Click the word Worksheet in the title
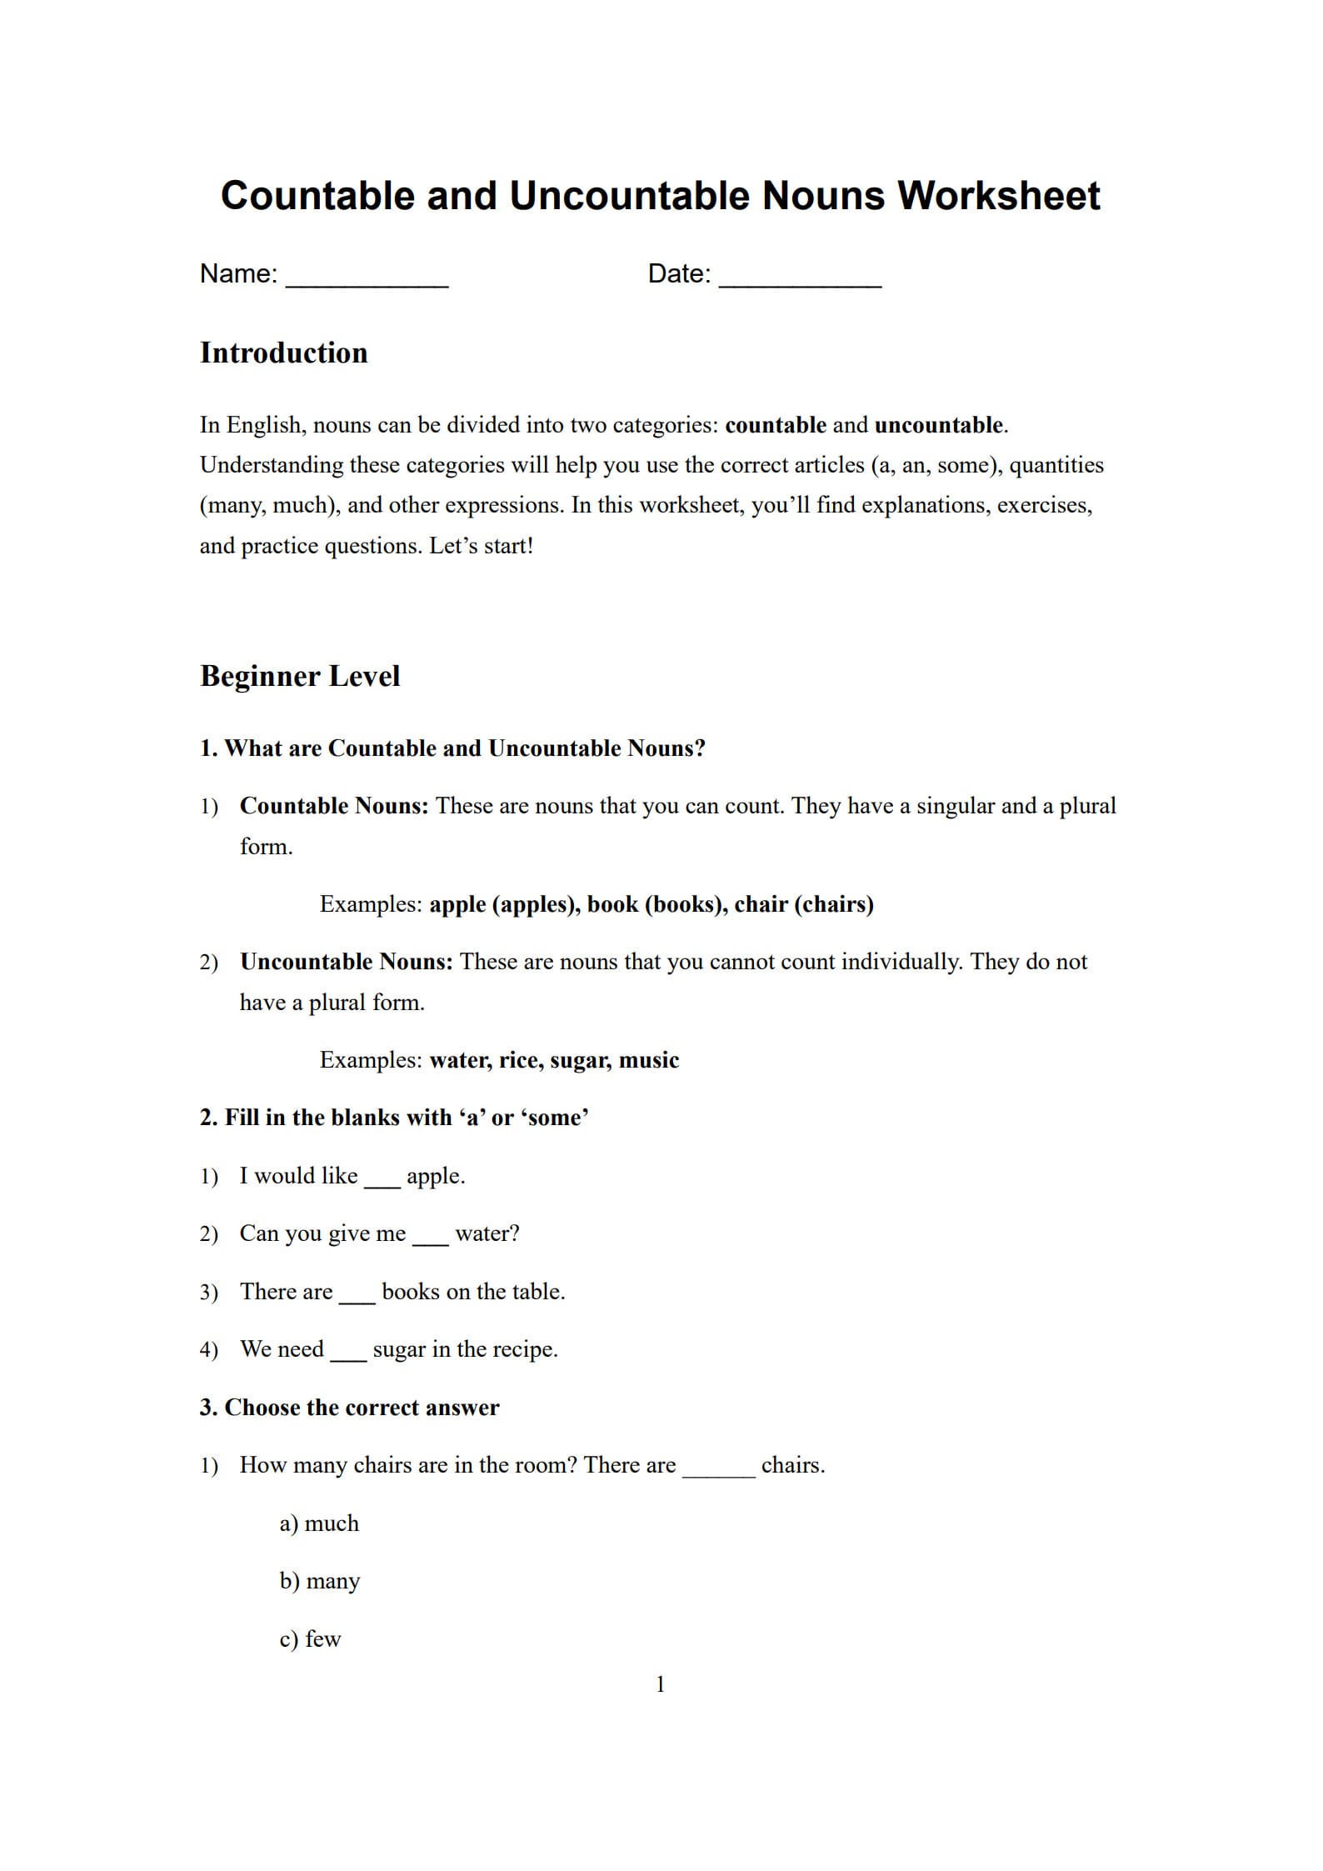click(998, 196)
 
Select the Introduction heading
click(283, 353)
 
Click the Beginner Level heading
click(300, 676)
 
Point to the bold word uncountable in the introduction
click(939, 425)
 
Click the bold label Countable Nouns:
click(334, 806)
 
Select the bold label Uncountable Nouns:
click(347, 962)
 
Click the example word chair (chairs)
click(804, 904)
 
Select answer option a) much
click(319, 1523)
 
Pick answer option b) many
click(320, 1581)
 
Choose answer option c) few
click(311, 1639)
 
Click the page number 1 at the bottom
click(661, 1684)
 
